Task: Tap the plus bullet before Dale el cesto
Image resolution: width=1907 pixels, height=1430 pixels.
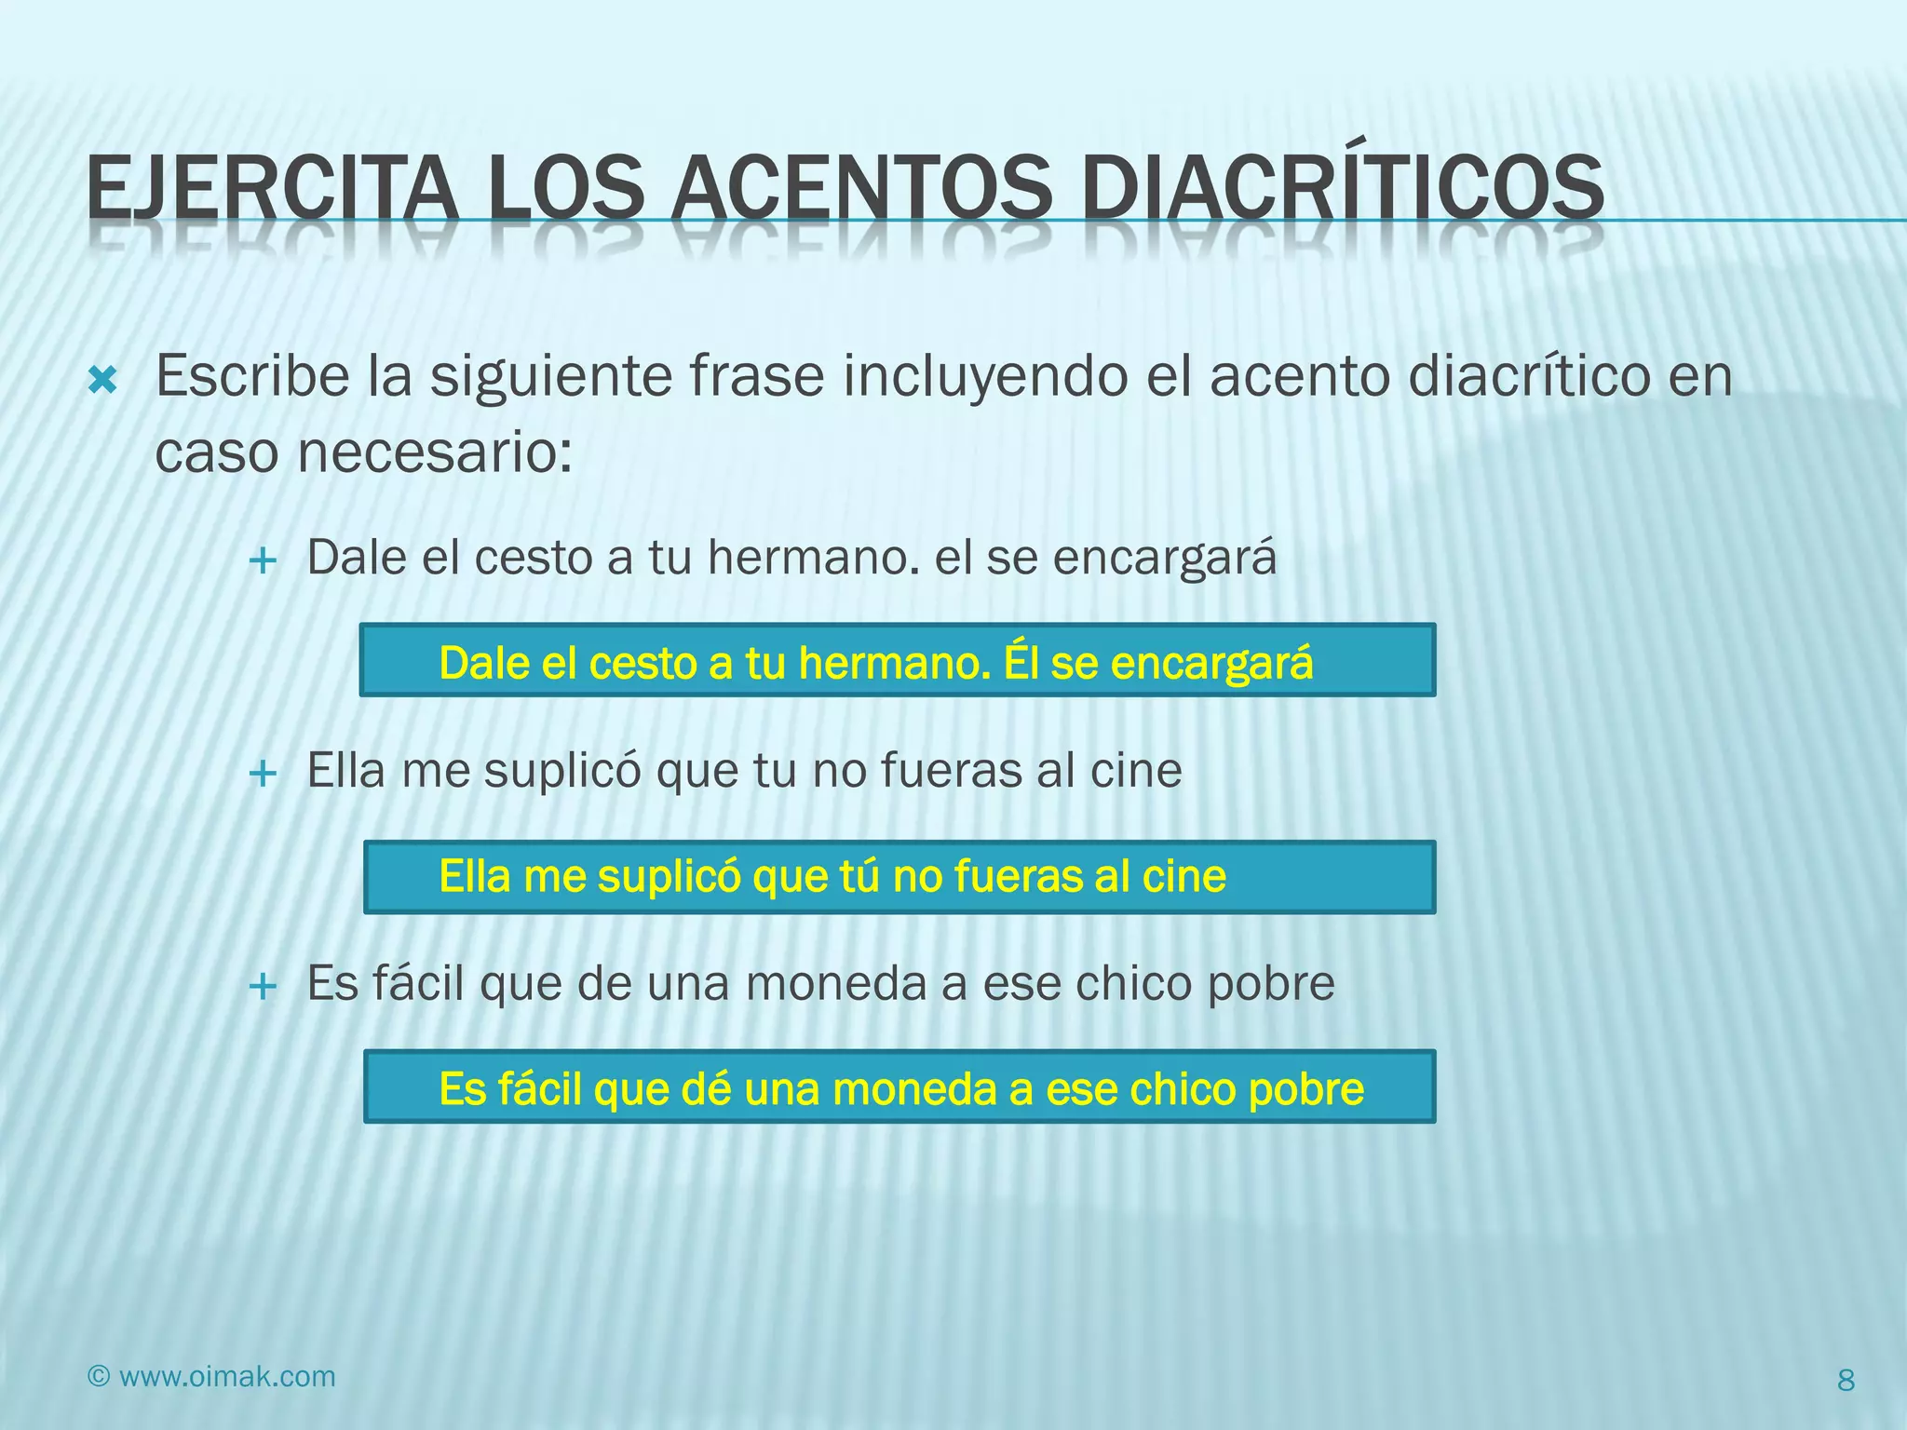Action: (264, 560)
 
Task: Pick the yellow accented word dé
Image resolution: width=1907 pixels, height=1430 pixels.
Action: (705, 1088)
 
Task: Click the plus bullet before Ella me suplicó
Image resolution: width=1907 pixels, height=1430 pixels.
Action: (264, 773)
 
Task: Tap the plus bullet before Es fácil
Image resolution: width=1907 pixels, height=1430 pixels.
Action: (264, 986)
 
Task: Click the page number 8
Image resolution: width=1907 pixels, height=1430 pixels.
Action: (1846, 1380)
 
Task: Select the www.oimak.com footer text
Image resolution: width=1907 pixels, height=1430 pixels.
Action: (227, 1376)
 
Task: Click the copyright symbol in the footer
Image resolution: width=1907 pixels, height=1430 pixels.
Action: (99, 1376)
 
